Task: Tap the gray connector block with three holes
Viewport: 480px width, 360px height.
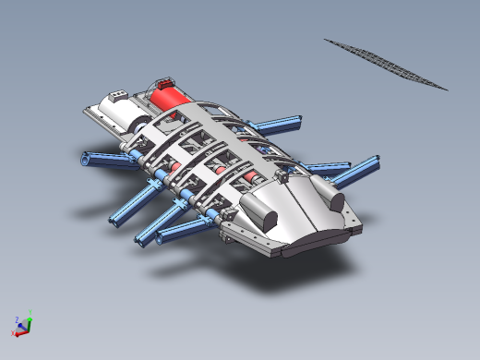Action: coord(118,94)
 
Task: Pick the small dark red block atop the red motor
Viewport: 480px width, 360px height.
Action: coord(166,83)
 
